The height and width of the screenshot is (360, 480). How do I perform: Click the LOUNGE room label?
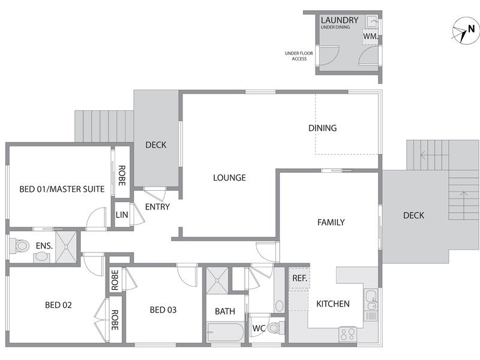point(229,178)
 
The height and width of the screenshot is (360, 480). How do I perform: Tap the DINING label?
point(322,128)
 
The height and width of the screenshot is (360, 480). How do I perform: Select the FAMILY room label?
point(331,222)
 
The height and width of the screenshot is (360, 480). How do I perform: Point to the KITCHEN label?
point(333,304)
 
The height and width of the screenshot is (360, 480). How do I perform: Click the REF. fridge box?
point(299,278)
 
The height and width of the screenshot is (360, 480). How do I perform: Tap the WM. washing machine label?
point(370,36)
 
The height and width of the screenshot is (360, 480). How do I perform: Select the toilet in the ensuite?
point(19,246)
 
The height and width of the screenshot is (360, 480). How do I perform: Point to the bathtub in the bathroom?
point(226,332)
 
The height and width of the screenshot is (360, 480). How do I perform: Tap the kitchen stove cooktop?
point(347,334)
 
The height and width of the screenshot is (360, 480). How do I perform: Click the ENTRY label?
point(157,207)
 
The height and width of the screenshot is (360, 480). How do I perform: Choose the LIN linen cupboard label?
point(122,215)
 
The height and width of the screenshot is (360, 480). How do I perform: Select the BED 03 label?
point(163,310)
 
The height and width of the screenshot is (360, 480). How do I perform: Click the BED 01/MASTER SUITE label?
point(62,189)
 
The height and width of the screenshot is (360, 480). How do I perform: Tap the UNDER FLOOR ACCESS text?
point(299,56)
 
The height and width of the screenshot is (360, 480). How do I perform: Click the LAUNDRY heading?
point(340,20)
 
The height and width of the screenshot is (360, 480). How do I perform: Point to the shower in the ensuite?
point(66,247)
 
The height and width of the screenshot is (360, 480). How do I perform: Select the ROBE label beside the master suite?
point(122,175)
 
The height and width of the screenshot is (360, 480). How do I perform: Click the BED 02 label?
point(58,305)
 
